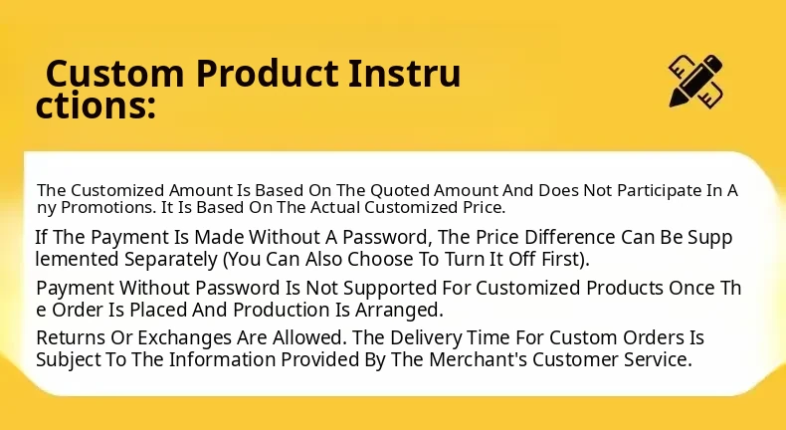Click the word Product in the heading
click(x=267, y=74)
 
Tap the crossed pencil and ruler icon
click(x=695, y=81)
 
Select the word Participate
click(x=660, y=191)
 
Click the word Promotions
click(x=108, y=207)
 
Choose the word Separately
click(x=171, y=260)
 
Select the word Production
click(x=283, y=310)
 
